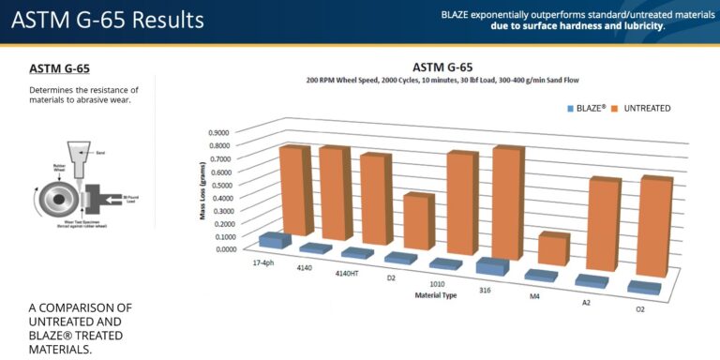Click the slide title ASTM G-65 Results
coord(107,19)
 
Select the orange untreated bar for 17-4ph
coord(292,190)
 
